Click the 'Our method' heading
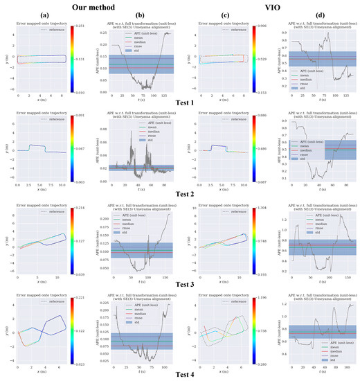tap(90, 6)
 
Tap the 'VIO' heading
tap(267, 6)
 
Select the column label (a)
tap(39, 16)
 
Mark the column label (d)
tap(313, 16)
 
